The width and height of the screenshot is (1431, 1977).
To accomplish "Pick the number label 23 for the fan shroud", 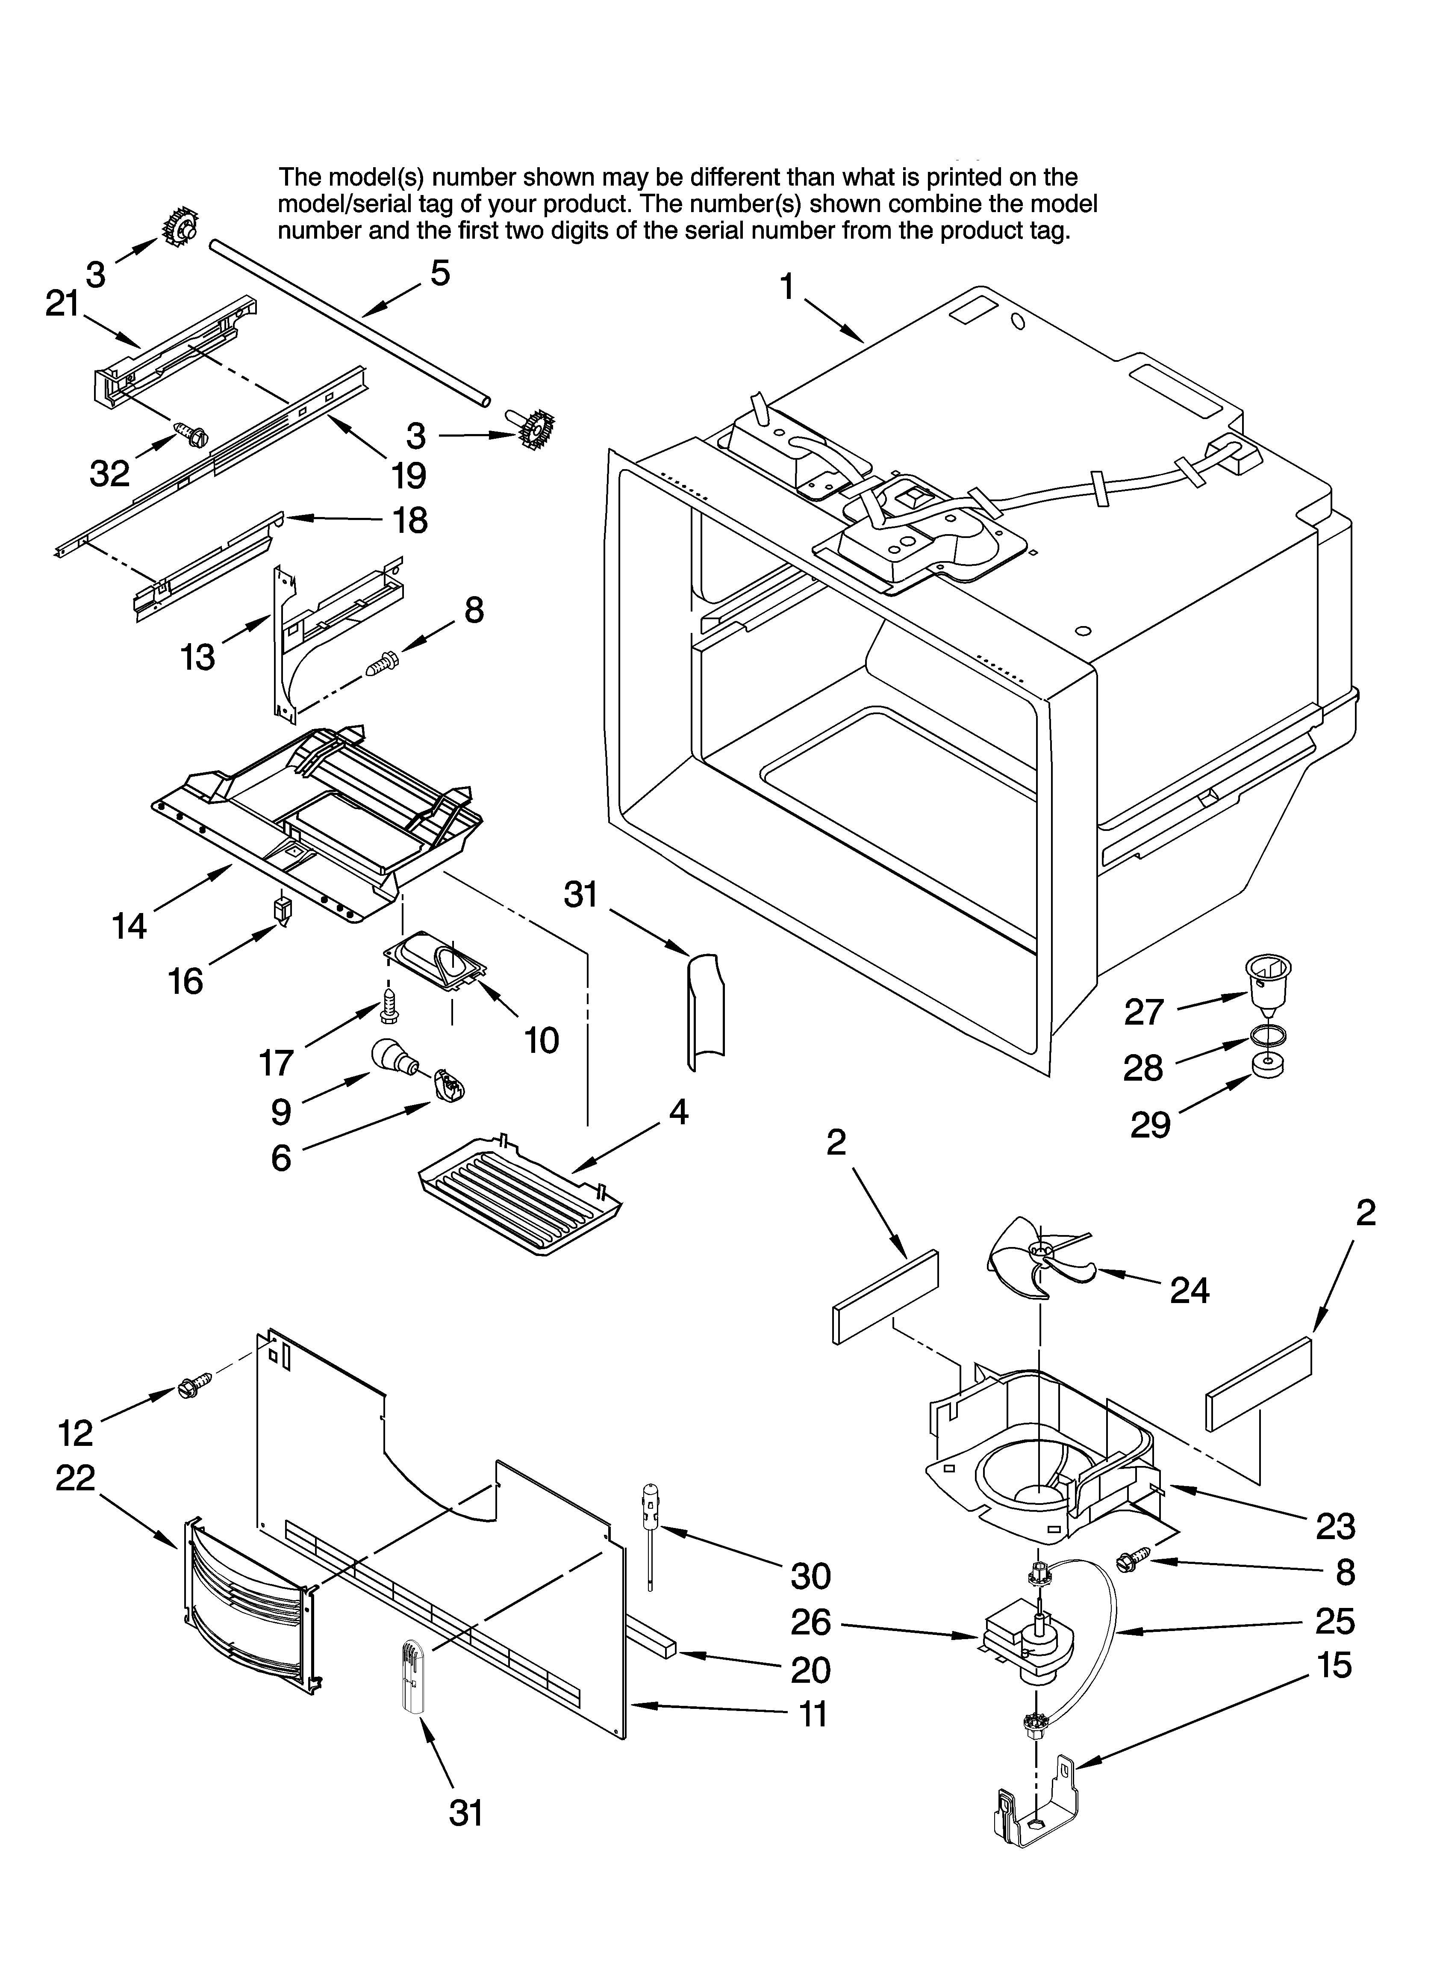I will point(1334,1525).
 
